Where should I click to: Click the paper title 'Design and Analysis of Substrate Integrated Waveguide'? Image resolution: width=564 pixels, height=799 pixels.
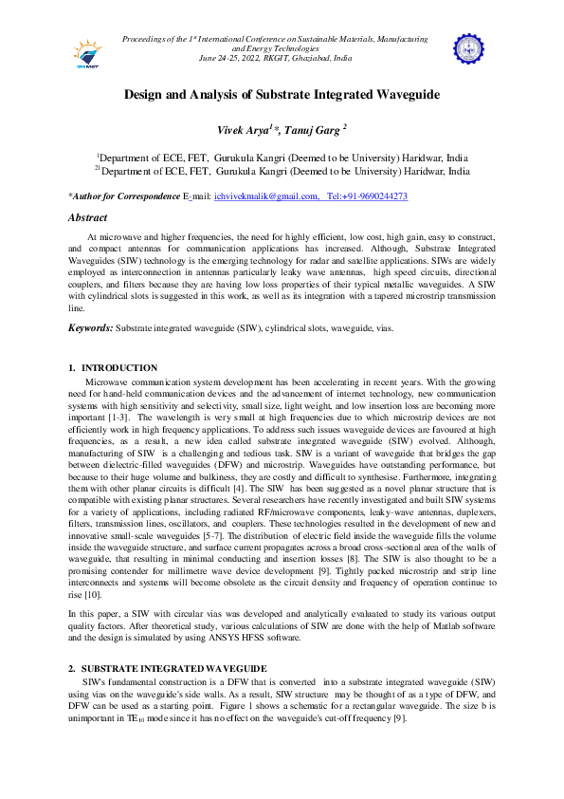point(282,95)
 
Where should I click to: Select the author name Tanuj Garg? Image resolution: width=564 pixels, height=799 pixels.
point(316,128)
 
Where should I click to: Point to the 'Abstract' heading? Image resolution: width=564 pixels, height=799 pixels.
point(87,218)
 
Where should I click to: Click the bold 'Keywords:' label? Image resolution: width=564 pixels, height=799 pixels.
point(91,327)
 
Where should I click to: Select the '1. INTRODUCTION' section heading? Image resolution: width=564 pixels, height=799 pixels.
point(113,367)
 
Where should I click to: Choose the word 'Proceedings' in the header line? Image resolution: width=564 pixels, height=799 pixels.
point(146,39)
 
